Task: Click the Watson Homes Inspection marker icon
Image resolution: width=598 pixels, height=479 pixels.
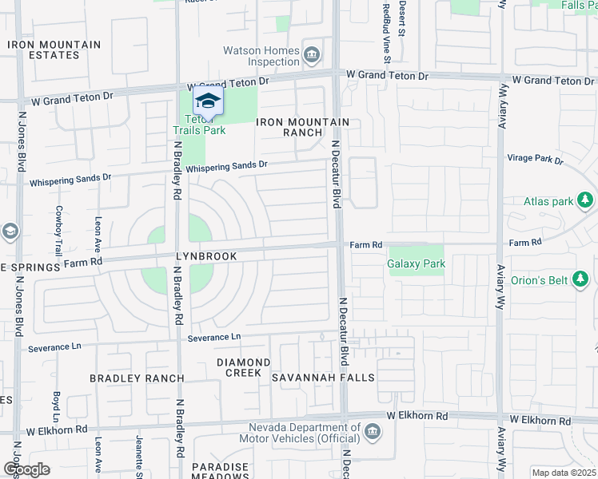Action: coord(312,55)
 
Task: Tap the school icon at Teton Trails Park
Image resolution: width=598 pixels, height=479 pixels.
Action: coord(208,101)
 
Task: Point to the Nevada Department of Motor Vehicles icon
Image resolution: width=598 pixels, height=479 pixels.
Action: coord(371,432)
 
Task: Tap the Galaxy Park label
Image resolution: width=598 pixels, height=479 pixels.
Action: coord(416,263)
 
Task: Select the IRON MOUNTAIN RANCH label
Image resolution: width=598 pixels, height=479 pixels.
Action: coord(302,127)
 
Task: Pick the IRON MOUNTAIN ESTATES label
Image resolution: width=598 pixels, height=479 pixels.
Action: coord(54,50)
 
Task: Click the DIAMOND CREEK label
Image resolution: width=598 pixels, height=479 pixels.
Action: coord(244,367)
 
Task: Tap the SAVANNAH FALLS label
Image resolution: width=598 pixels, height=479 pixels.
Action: coord(312,378)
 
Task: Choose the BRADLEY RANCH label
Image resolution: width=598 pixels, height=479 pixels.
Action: coord(137,378)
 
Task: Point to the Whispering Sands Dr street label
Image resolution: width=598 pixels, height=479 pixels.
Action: coord(226,166)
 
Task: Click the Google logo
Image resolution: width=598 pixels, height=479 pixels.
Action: coord(26,469)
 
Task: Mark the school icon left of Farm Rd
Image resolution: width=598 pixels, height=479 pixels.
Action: coord(10,232)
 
